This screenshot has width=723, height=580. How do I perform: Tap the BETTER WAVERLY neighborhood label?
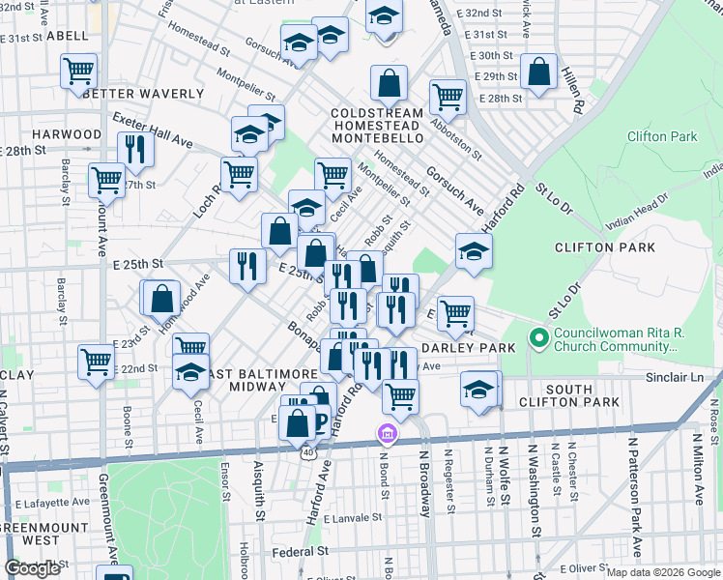click(143, 95)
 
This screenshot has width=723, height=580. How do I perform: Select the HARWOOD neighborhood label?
click(66, 134)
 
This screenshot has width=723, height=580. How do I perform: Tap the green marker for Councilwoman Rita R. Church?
click(538, 339)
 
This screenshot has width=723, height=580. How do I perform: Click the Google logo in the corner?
click(32, 568)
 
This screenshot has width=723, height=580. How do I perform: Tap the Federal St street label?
click(299, 551)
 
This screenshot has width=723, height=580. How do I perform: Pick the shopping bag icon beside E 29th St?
click(538, 72)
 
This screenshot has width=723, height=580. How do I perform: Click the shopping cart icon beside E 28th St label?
click(448, 96)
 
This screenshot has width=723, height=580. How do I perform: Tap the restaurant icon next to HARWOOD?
click(135, 149)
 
